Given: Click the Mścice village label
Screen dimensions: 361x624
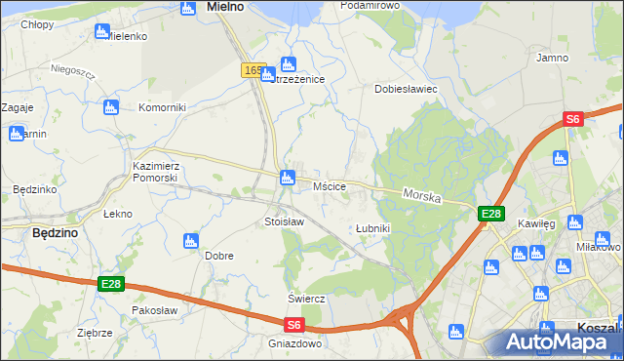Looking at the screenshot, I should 330,185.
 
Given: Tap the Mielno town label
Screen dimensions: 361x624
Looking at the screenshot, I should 224,7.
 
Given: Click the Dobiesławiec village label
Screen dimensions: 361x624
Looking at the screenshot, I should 407,89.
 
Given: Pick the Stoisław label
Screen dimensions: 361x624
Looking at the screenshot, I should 285,221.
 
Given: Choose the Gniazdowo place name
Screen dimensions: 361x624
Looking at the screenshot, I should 294,343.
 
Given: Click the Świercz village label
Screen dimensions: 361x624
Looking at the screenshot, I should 305,298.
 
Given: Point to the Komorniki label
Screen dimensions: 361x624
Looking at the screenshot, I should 162,107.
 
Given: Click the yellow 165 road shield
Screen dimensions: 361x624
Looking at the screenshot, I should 253,70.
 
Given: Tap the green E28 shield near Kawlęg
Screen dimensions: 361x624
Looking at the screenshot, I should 490,214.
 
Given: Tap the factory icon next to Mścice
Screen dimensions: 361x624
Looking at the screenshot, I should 287,178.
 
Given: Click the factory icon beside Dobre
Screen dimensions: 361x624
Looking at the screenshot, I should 190,240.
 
